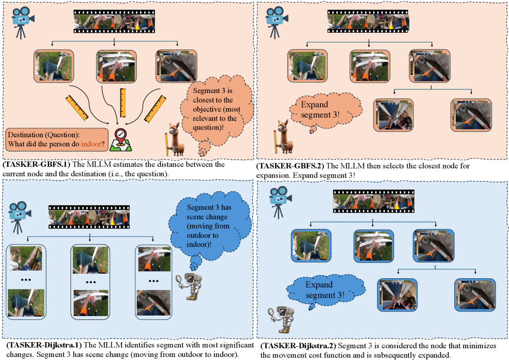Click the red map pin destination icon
pos(121,140)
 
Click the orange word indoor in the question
pos(91,143)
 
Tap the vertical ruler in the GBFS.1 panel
pos(123,103)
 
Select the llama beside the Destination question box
pos(175,140)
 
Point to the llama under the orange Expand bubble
pos(284,137)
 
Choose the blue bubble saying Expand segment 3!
pos(325,291)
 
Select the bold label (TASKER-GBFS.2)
pos(290,166)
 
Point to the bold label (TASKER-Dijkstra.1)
pos(44,345)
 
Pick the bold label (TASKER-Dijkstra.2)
pos(298,346)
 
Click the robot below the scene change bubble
pos(189,286)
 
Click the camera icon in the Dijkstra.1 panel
pos(19,218)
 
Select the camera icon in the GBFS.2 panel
pos(276,22)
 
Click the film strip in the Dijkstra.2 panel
pos(374,201)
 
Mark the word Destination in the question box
pos(26,135)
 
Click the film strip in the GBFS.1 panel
pos(114,21)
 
